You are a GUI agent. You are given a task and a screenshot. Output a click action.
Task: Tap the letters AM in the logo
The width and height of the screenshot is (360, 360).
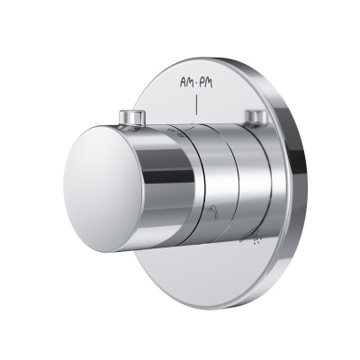click(186, 82)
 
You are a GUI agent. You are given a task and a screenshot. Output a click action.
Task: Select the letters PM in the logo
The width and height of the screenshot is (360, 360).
click(205, 82)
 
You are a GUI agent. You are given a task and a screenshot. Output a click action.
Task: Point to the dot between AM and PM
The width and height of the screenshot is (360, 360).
click(195, 83)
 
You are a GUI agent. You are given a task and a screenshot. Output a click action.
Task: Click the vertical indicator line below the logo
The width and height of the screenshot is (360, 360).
click(196, 105)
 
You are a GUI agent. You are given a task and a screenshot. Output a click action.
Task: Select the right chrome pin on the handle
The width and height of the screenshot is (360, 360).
click(256, 118)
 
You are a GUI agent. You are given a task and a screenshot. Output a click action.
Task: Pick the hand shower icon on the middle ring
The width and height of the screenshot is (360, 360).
click(210, 211)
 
